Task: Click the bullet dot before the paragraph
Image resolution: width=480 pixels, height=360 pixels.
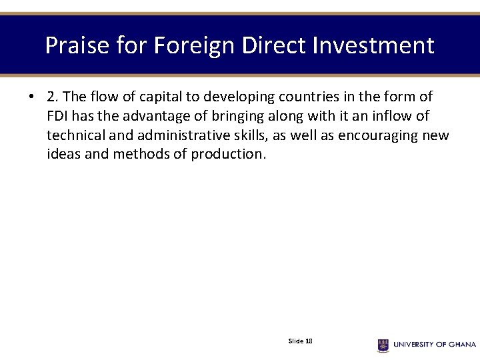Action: coord(32,97)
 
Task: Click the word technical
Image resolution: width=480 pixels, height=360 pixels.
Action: coord(75,135)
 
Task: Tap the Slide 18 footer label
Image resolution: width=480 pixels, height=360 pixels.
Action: coord(301,341)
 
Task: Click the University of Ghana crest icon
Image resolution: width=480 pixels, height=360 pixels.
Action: coord(383,345)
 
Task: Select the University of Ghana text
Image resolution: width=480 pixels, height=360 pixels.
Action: coord(435,345)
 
